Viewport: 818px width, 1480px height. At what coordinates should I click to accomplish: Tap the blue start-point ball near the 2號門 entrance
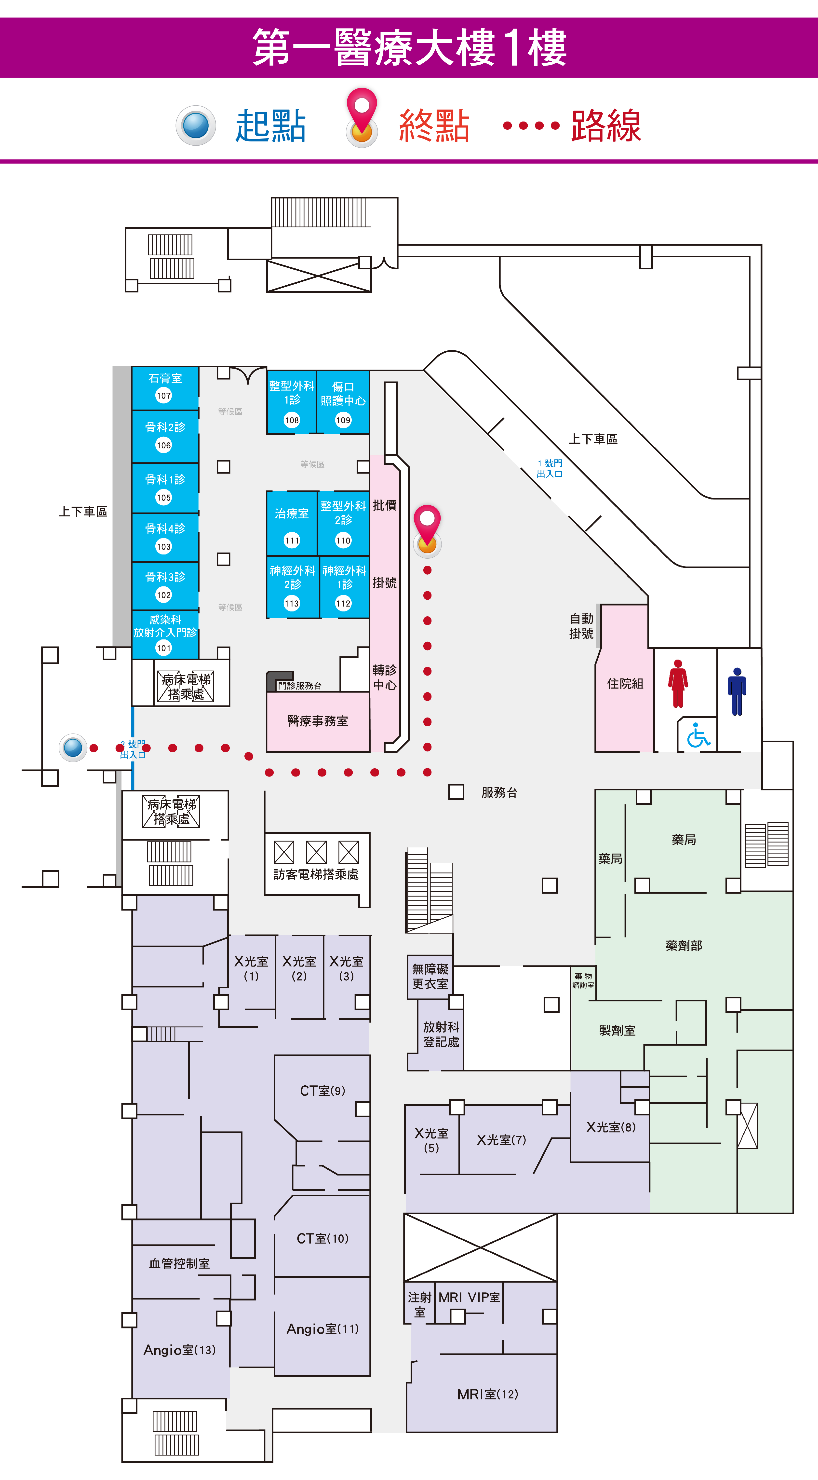(x=73, y=747)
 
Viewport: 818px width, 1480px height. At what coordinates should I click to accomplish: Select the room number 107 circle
(x=164, y=395)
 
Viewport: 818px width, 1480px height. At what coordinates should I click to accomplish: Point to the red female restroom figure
(x=678, y=684)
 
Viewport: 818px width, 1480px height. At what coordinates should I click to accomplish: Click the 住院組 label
(x=625, y=684)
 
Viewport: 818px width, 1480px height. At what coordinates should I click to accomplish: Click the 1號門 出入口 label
(x=550, y=468)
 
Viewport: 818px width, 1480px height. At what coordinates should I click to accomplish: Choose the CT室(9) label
(x=322, y=1091)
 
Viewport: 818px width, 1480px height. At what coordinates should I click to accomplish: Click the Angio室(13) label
(x=180, y=1350)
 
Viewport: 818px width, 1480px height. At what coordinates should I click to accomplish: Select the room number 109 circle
(x=343, y=420)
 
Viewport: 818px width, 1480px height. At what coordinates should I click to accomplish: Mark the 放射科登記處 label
(x=441, y=1034)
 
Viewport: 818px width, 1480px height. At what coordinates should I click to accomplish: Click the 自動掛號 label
(x=581, y=626)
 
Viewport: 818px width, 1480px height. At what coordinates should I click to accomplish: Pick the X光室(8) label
(x=611, y=1127)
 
